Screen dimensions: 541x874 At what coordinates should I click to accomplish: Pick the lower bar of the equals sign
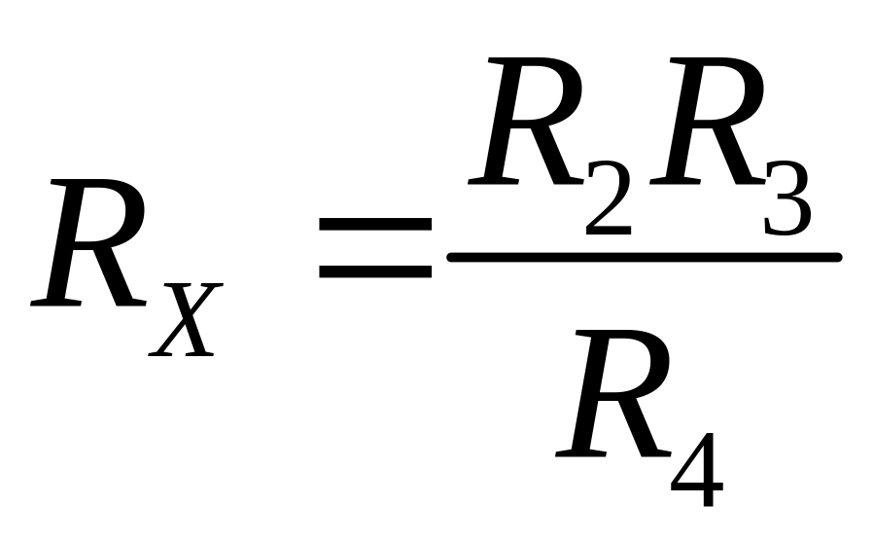coord(375,270)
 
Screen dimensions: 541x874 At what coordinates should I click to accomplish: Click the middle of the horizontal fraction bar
coord(644,257)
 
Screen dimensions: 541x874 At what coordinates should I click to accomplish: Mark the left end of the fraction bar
coord(450,257)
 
